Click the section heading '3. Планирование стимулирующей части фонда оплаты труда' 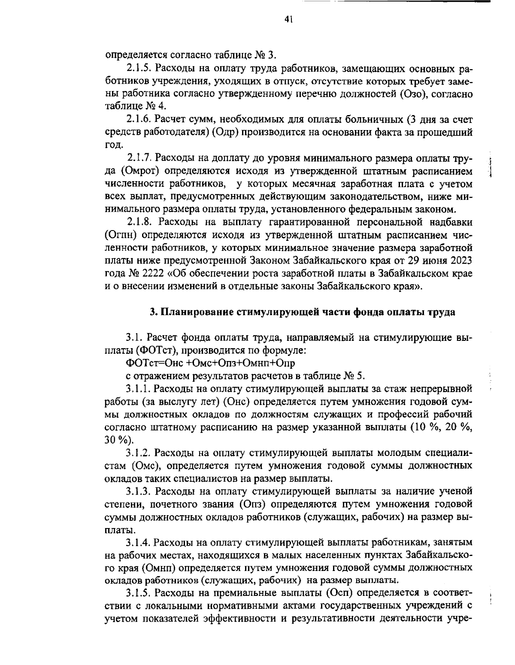(x=302, y=312)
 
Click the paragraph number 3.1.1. (x=138, y=389)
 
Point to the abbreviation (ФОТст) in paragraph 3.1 (x=152, y=350)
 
